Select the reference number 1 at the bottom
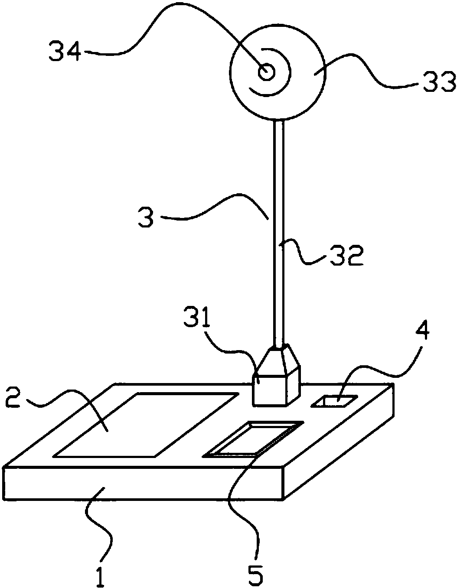[100, 577]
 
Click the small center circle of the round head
[266, 72]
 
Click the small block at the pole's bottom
[276, 381]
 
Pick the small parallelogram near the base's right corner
[334, 402]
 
